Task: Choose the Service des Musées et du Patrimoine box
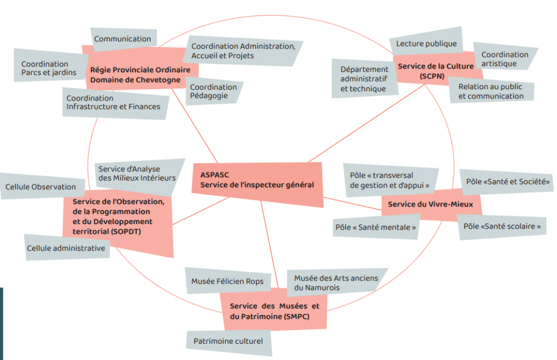(x=274, y=311)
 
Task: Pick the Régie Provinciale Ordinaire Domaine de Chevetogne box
(x=140, y=75)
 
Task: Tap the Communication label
(x=122, y=39)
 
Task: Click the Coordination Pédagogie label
(x=214, y=91)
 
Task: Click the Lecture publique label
(x=426, y=44)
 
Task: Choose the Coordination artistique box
(x=504, y=59)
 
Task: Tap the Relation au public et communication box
(x=491, y=91)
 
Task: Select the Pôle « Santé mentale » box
(x=375, y=227)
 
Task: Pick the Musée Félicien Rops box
(x=227, y=281)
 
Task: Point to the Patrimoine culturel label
(x=228, y=342)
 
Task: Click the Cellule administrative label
(x=66, y=248)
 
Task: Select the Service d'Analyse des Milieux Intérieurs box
(x=137, y=173)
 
